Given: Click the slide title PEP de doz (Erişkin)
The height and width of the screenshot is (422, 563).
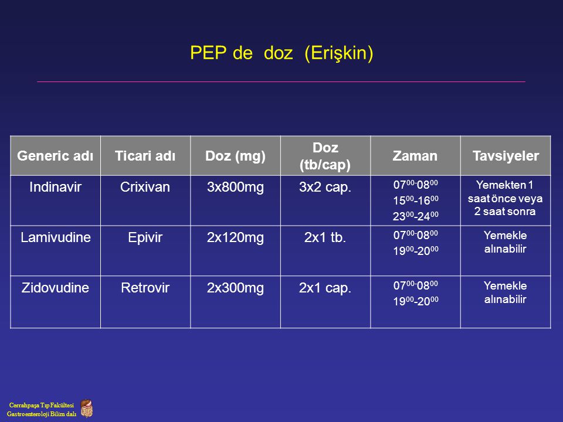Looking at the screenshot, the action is pyautogui.click(x=281, y=53).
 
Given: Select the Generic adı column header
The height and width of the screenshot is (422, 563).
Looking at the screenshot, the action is pyautogui.click(x=55, y=156).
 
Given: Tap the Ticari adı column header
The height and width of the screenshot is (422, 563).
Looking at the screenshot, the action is pyautogui.click(x=145, y=156).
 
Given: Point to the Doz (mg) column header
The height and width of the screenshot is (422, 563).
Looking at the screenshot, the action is pyautogui.click(x=235, y=156).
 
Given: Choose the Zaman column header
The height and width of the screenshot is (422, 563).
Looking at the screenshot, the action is pyautogui.click(x=415, y=156).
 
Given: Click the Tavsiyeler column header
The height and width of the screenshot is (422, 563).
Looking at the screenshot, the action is pyautogui.click(x=506, y=156).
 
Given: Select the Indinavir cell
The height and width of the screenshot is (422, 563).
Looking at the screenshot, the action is pyautogui.click(x=55, y=187).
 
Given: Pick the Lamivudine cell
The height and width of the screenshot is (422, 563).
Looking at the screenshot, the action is pyautogui.click(x=55, y=237).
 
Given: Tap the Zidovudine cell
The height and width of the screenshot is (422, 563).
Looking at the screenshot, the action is pyautogui.click(x=55, y=287).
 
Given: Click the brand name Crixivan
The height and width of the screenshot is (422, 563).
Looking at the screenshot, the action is pyautogui.click(x=145, y=187).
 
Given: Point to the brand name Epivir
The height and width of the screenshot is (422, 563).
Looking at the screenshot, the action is pyautogui.click(x=145, y=237).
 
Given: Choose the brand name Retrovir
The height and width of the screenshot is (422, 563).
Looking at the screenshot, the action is pyautogui.click(x=145, y=287).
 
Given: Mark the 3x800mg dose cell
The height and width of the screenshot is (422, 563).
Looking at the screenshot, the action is pyautogui.click(x=235, y=188).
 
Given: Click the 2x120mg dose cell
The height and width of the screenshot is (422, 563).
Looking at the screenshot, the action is pyautogui.click(x=235, y=237).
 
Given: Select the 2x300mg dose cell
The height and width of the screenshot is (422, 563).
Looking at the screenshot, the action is pyautogui.click(x=235, y=288).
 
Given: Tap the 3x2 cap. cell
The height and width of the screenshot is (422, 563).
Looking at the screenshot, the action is pyautogui.click(x=325, y=188).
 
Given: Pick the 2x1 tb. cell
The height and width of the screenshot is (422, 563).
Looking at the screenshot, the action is pyautogui.click(x=325, y=237).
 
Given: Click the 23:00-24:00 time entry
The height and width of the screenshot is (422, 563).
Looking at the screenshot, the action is pyautogui.click(x=415, y=216).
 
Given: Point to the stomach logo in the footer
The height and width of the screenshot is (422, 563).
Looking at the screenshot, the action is pyautogui.click(x=86, y=409).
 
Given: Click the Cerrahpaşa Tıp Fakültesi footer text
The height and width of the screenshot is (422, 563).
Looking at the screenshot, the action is pyautogui.click(x=41, y=405).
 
